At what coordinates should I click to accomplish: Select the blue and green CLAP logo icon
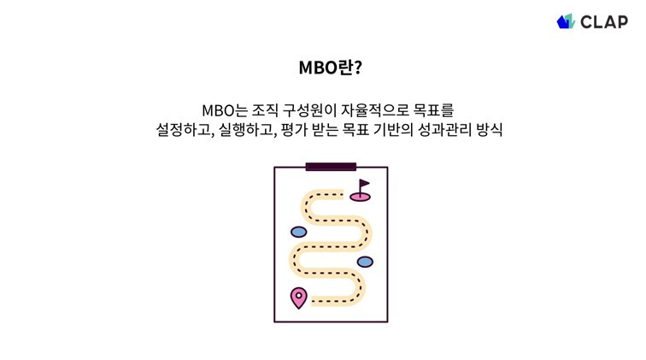(x=566, y=21)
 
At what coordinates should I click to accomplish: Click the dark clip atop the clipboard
(x=331, y=166)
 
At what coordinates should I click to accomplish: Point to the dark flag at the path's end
(x=364, y=185)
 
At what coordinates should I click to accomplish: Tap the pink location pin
(x=298, y=298)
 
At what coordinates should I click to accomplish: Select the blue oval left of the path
(x=299, y=232)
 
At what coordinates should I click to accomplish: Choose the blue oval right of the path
(x=365, y=261)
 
